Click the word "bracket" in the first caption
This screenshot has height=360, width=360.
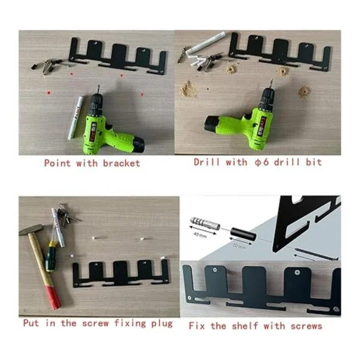pos(121,163)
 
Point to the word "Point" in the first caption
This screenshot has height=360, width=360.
pos(58,163)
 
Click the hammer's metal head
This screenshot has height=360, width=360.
pos(31,230)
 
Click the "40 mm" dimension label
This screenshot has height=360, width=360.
pos(200,235)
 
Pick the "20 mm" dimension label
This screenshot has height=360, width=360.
pos(239,245)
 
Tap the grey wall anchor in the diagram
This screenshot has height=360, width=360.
pos(205,223)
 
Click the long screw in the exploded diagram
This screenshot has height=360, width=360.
pos(316,254)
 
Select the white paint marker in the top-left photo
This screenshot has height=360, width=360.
pos(76,118)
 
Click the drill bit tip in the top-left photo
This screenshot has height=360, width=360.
pos(99,85)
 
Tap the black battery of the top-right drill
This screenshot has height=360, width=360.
pos(212,124)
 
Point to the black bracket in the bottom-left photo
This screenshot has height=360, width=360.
pos(121,274)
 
